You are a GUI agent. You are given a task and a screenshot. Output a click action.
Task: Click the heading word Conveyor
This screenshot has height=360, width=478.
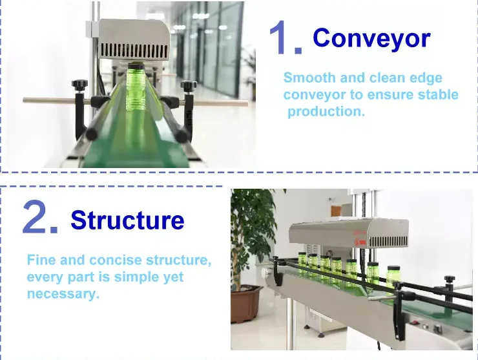371,39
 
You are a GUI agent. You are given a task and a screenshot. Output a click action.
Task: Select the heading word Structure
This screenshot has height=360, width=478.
127,220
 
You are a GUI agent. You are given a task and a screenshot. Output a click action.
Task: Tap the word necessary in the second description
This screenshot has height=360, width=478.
62,294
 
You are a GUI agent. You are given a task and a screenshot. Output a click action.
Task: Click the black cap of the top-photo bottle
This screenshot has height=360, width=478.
135,65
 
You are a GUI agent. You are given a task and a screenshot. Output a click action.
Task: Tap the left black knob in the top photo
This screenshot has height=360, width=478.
79,84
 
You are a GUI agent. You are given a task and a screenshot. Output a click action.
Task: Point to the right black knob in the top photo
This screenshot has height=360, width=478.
188,85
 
